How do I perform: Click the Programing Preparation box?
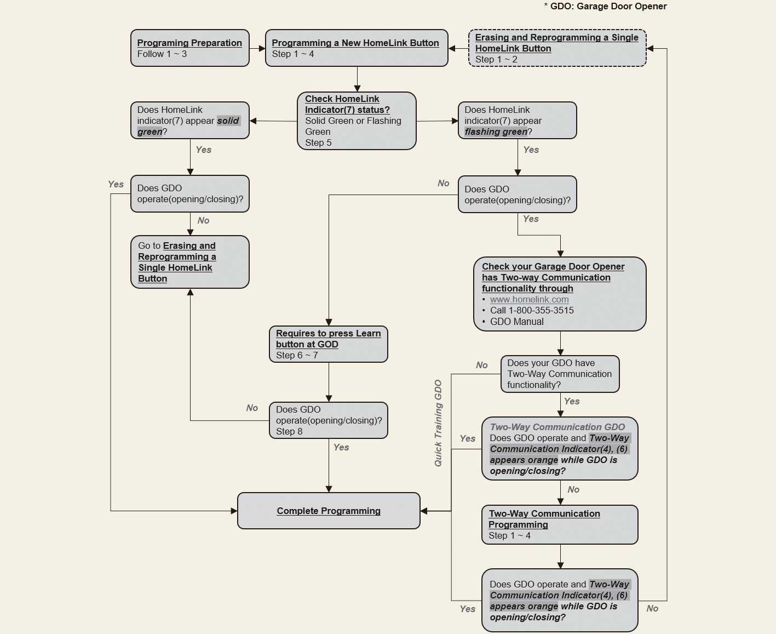click(x=189, y=48)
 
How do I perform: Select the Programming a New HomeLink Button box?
click(x=356, y=48)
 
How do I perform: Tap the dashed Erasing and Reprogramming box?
click(x=557, y=48)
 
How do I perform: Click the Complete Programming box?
click(x=329, y=511)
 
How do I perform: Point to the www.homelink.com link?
click(x=529, y=300)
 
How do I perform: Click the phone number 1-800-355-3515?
click(x=541, y=311)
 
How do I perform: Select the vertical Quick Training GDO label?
click(x=438, y=423)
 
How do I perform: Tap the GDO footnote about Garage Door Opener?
click(x=605, y=7)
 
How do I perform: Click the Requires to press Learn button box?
click(x=329, y=344)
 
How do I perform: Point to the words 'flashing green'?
click(x=496, y=132)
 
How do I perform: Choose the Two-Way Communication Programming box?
click(x=560, y=524)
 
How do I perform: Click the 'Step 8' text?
click(x=289, y=432)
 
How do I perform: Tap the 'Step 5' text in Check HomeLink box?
click(x=318, y=143)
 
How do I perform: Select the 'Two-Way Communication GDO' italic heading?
click(x=557, y=427)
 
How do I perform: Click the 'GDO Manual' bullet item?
click(x=516, y=322)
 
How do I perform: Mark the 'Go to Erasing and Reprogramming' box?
click(x=189, y=262)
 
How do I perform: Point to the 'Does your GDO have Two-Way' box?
click(x=560, y=374)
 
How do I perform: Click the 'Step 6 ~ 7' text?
click(x=297, y=356)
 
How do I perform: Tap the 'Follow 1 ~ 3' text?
click(x=162, y=54)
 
